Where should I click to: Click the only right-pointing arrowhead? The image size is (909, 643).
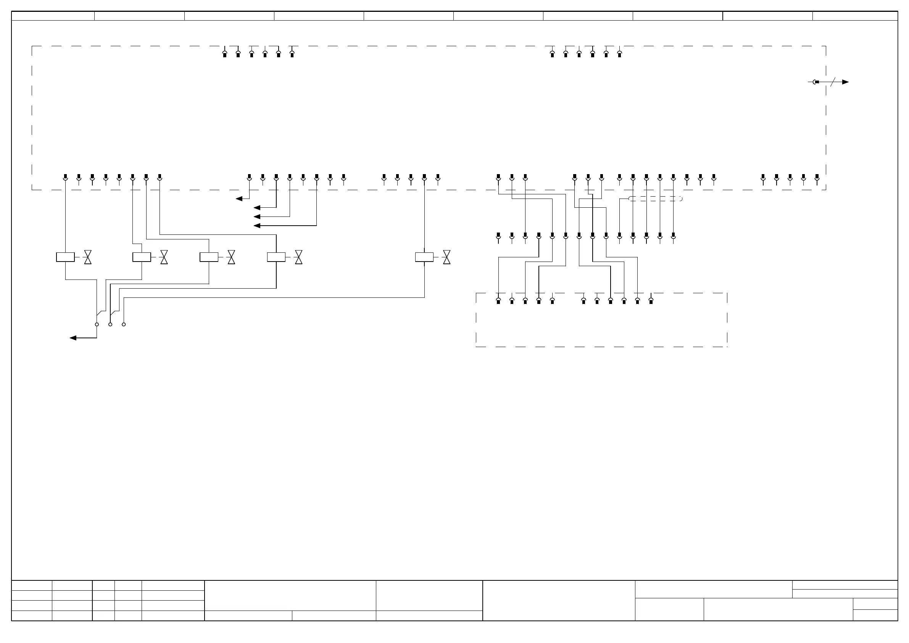(845, 82)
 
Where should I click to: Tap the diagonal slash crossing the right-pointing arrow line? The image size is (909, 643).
(833, 82)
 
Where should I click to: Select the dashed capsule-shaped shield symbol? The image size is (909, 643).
(655, 199)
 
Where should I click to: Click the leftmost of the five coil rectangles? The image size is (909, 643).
(65, 257)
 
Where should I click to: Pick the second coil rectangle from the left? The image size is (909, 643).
(142, 257)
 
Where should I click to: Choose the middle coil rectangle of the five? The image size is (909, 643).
(209, 257)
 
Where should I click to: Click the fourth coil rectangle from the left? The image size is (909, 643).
(276, 257)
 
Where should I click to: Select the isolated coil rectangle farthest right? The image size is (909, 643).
(424, 257)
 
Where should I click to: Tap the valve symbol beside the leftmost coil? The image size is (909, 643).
(88, 257)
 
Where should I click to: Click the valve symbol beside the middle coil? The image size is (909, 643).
(232, 257)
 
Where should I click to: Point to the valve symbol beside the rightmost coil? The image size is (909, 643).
(446, 257)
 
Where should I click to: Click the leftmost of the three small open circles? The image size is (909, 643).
(97, 325)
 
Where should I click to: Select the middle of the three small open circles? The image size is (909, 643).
(110, 325)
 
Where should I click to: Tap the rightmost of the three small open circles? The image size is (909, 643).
(124, 325)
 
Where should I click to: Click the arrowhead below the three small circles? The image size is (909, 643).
(73, 338)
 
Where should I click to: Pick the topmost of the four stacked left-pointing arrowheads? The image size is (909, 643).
(239, 199)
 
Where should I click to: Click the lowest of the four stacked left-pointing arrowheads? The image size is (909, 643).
(257, 226)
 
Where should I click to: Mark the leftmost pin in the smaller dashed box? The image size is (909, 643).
(498, 301)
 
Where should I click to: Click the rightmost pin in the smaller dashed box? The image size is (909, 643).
(651, 301)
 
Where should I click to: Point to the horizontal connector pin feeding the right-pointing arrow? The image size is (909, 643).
(816, 82)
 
